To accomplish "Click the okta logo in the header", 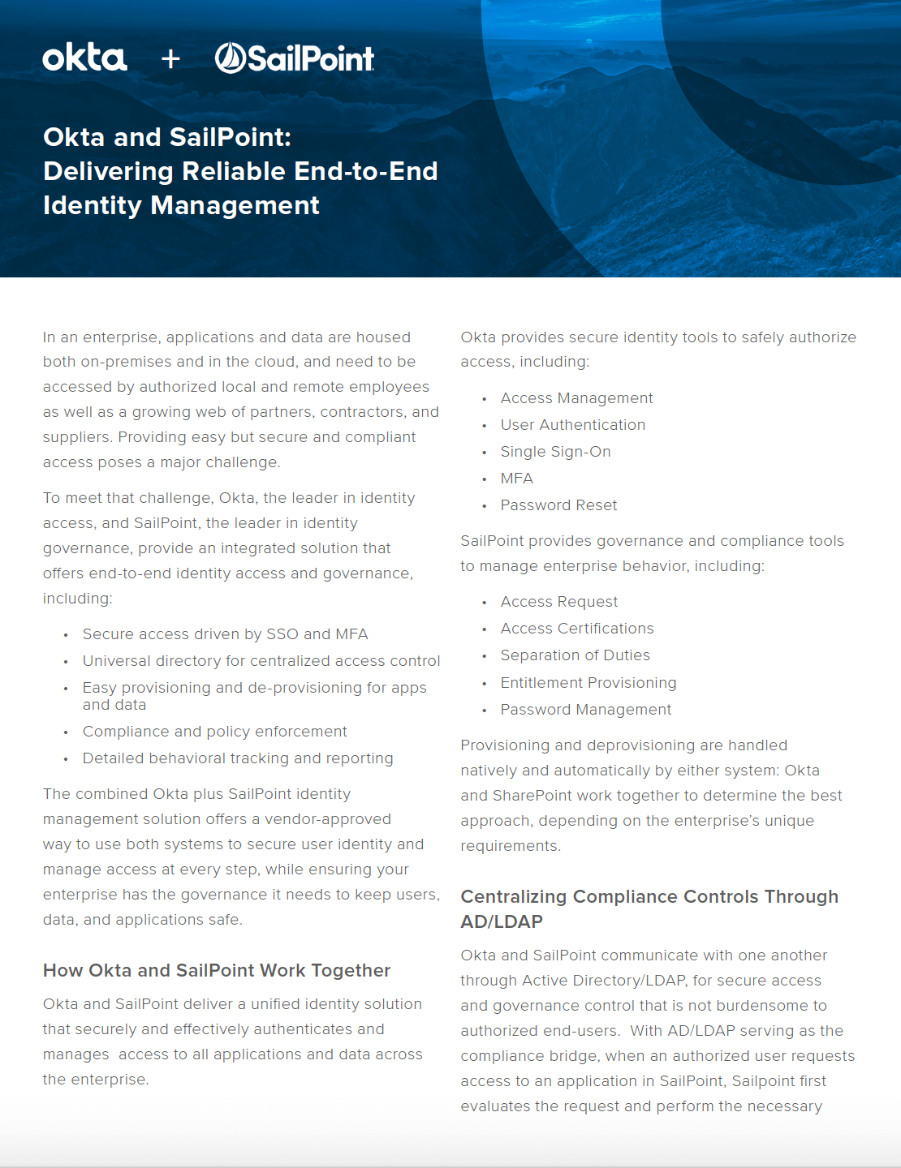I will pyautogui.click(x=84, y=58).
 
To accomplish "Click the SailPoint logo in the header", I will pyautogui.click(x=294, y=58).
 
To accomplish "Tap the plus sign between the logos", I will pyautogui.click(x=170, y=58).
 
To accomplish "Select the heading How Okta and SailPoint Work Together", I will pyautogui.click(x=217, y=970).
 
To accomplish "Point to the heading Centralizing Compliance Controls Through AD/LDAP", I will pyautogui.click(x=649, y=908).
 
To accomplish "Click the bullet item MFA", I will pyautogui.click(x=516, y=479).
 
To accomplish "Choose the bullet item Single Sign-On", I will pyautogui.click(x=555, y=452).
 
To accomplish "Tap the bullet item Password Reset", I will pyautogui.click(x=558, y=505).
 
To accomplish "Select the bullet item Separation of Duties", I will pyautogui.click(x=575, y=655).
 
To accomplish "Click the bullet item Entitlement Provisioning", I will pyautogui.click(x=588, y=683).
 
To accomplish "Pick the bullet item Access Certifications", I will pyautogui.click(x=576, y=629).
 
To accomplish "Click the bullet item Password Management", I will pyautogui.click(x=585, y=710).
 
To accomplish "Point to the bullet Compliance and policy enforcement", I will pyautogui.click(x=214, y=732).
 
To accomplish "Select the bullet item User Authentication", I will pyautogui.click(x=572, y=425).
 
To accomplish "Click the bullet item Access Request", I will pyautogui.click(x=558, y=602).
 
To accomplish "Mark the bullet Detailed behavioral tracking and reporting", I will pyautogui.click(x=237, y=758).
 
